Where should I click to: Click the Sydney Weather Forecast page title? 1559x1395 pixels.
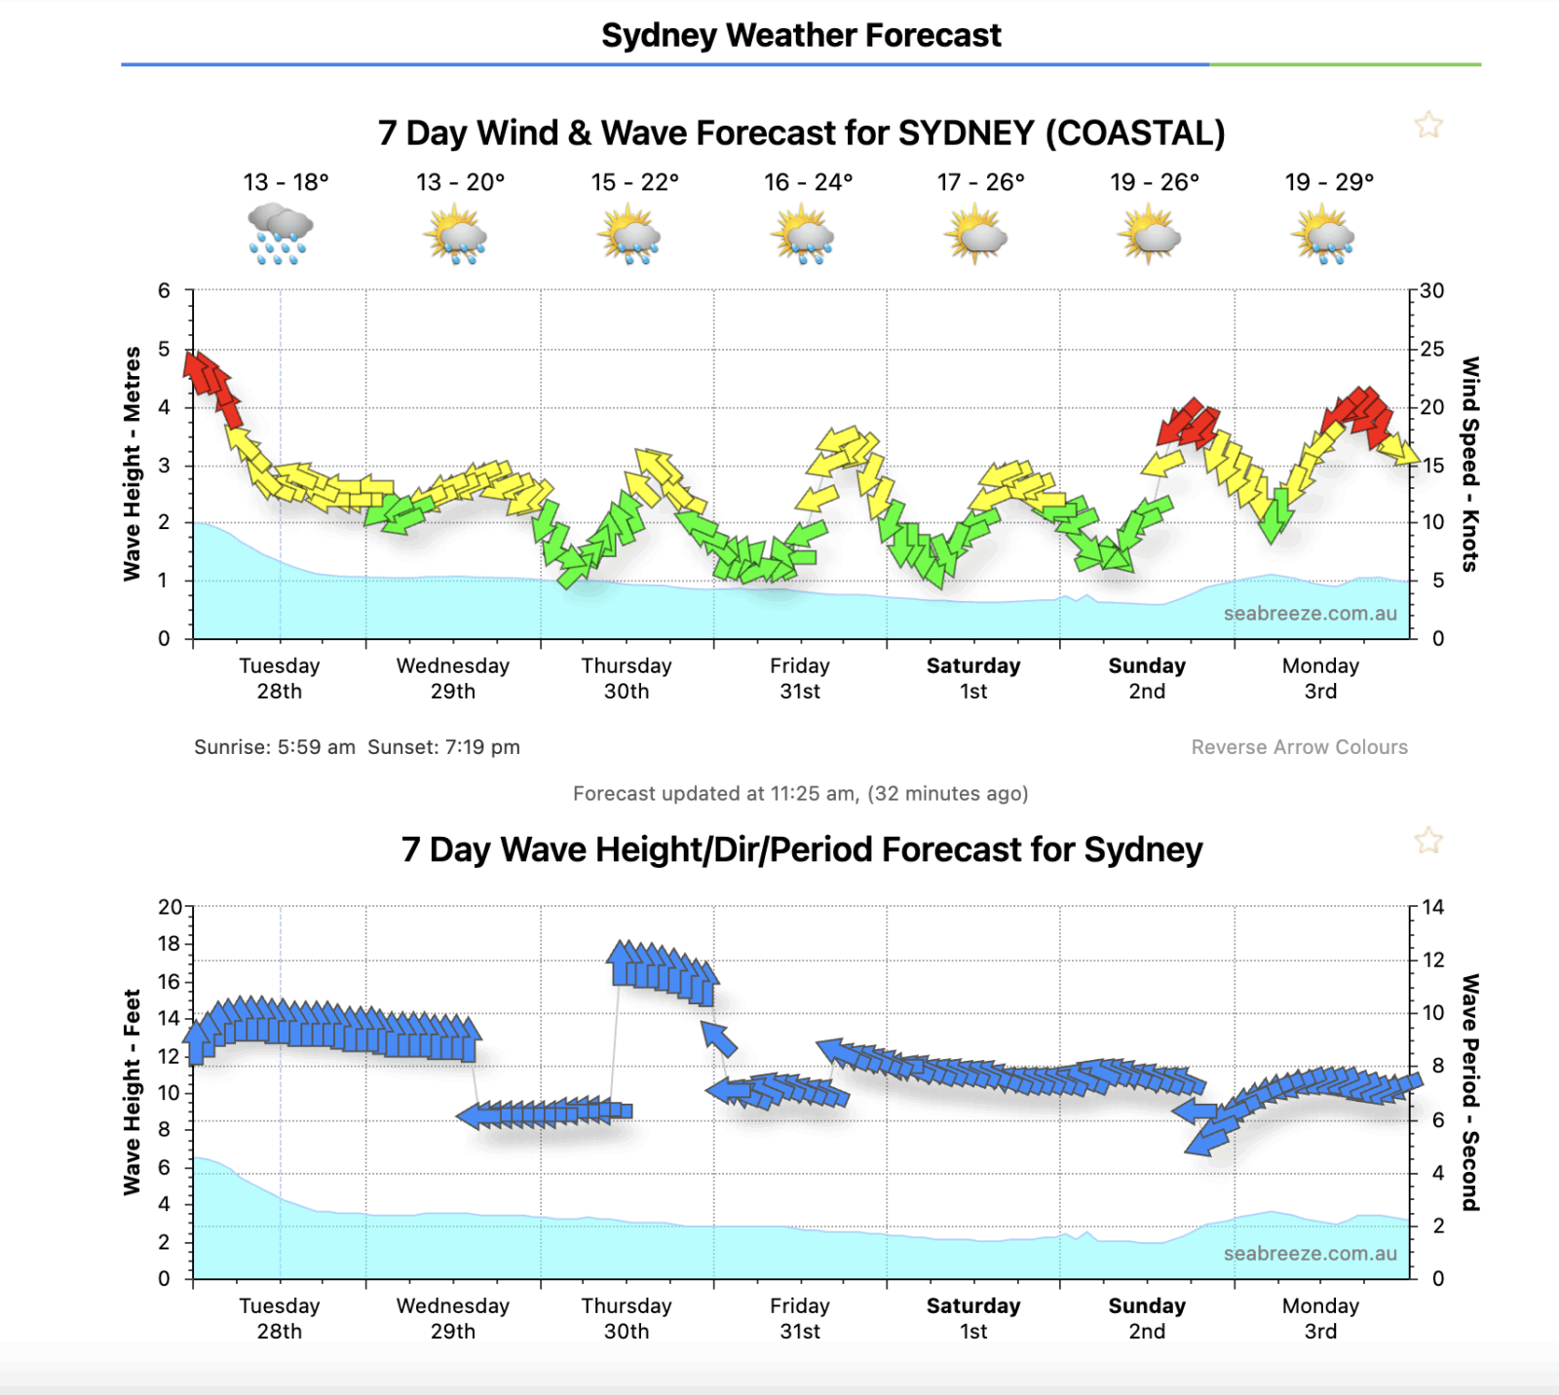(801, 35)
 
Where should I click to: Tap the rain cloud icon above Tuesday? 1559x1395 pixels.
(280, 234)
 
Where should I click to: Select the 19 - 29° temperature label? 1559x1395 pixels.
(1329, 182)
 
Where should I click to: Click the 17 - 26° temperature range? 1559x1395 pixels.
(980, 182)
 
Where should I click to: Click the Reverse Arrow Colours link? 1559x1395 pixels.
(1299, 747)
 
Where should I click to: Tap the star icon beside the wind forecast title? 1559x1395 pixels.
(1428, 125)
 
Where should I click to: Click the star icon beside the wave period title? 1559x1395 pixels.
(1428, 840)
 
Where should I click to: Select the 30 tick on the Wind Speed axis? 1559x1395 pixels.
(1431, 290)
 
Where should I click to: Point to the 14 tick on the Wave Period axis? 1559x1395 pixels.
(1432, 907)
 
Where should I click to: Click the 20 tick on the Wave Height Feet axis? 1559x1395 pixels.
(170, 907)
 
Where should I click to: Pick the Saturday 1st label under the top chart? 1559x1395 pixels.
(973, 678)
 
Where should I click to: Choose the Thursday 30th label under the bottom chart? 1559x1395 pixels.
(627, 1318)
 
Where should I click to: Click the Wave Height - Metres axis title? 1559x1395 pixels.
(132, 464)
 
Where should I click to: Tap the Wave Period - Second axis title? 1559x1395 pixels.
(1470, 1091)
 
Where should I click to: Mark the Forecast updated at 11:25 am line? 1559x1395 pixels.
(800, 793)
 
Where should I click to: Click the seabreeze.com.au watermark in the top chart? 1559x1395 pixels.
(1310, 614)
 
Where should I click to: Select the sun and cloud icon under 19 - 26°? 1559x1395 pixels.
(1150, 235)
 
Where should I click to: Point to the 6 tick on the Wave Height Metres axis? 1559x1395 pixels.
(164, 290)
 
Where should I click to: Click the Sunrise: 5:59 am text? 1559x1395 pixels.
(275, 747)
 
